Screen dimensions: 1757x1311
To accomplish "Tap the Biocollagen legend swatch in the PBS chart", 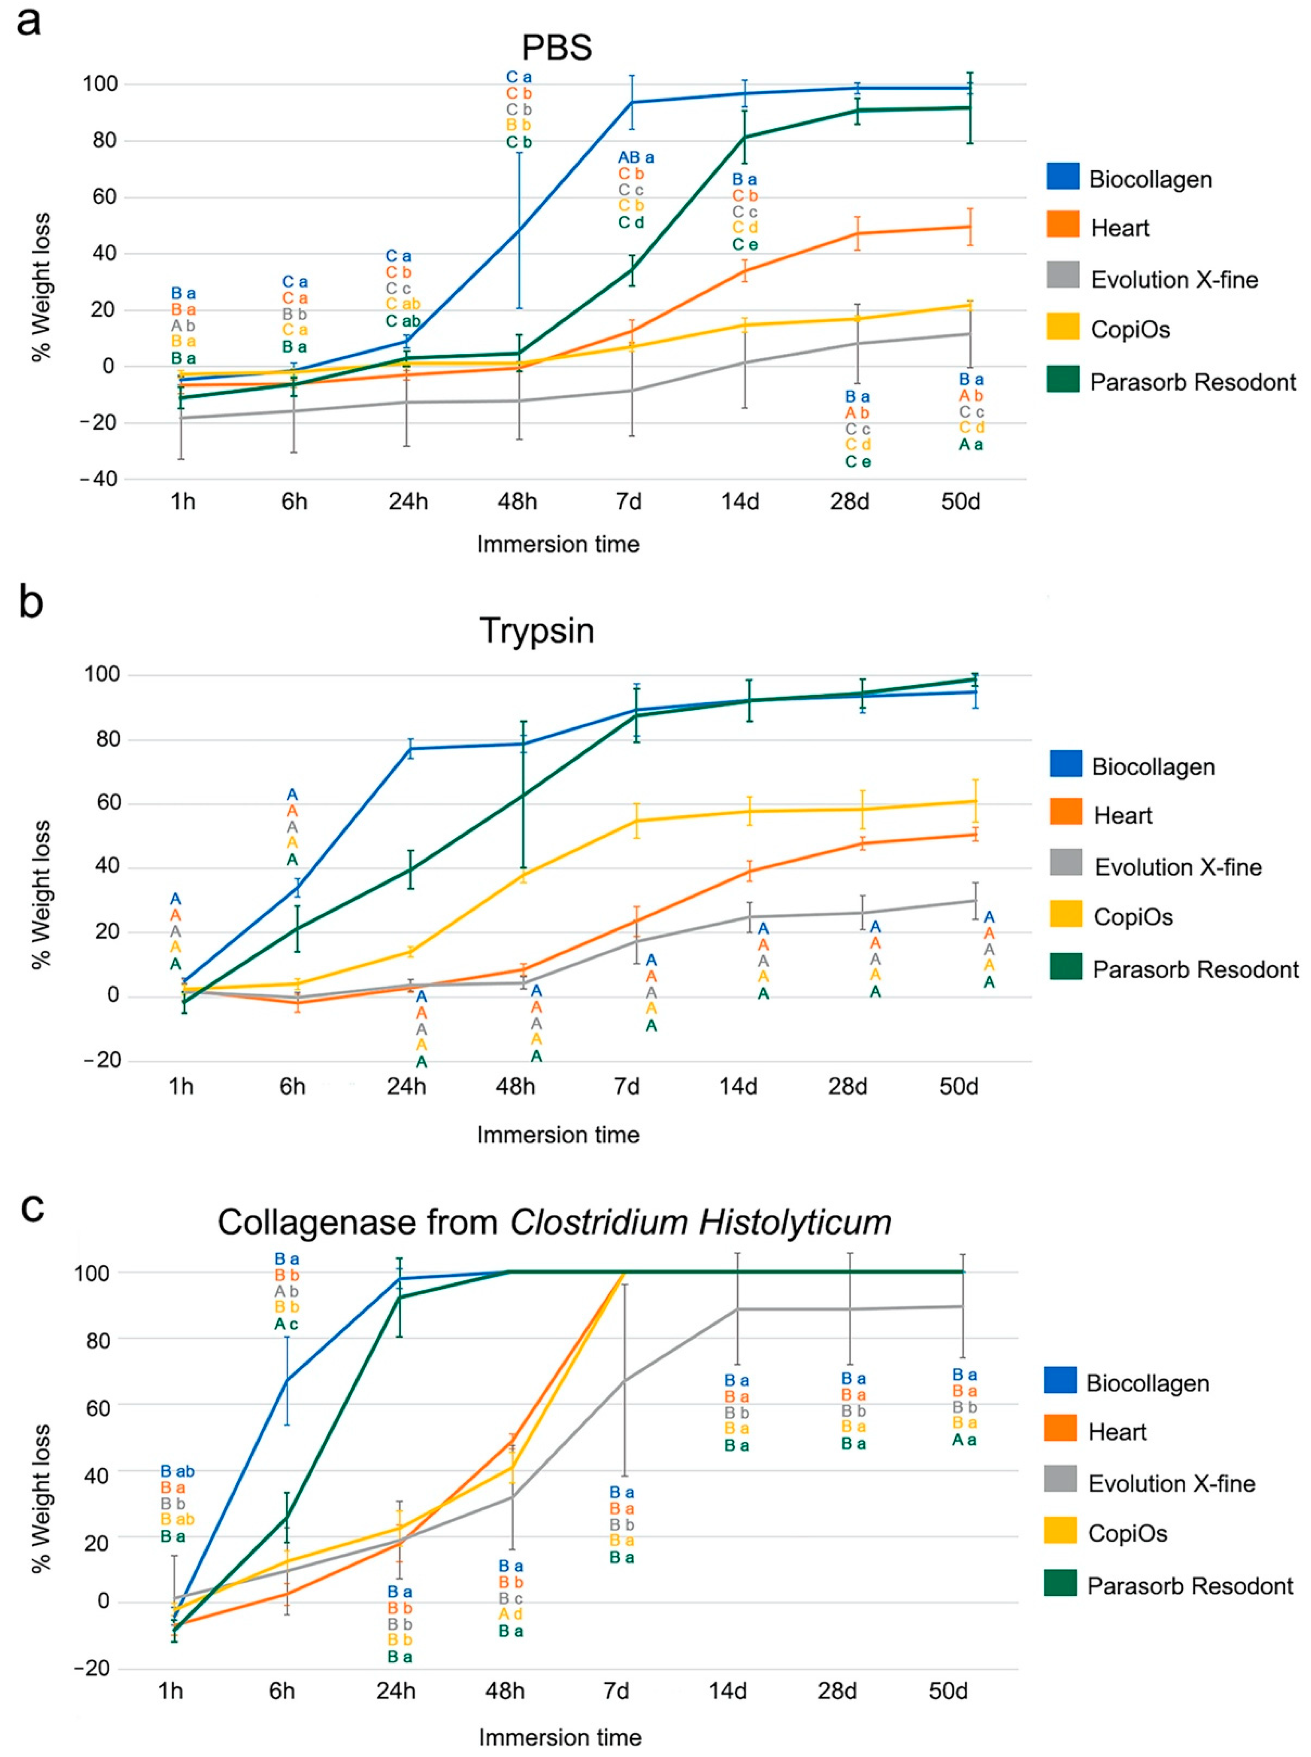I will click(x=1063, y=176).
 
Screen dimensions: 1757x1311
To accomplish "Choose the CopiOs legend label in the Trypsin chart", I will click(x=1133, y=917).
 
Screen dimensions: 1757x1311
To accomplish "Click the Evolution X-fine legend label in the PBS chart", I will click(x=1175, y=279).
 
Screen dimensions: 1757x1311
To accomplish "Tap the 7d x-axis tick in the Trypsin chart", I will click(x=627, y=1086).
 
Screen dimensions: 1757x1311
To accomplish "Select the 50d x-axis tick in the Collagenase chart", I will click(x=948, y=1691).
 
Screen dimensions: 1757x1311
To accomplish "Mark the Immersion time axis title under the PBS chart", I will click(x=558, y=544).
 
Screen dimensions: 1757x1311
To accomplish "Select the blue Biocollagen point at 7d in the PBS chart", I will click(x=632, y=102).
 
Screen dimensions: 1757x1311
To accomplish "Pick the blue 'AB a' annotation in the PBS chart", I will click(x=636, y=158).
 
